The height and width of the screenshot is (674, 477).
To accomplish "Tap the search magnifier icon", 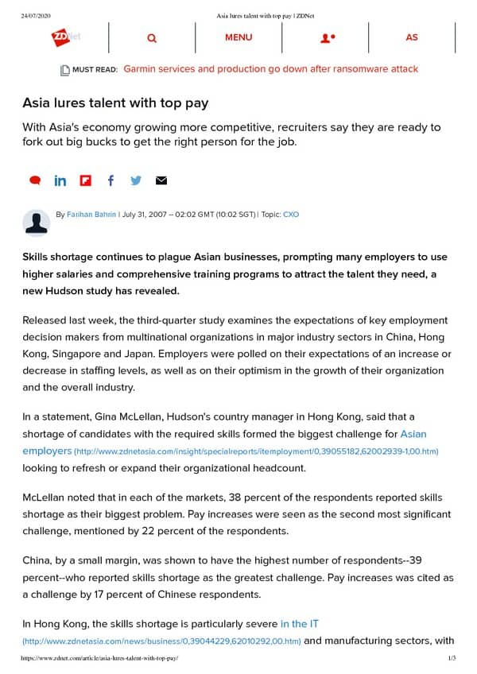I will [152, 37].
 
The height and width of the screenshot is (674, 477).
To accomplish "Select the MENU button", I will [238, 37].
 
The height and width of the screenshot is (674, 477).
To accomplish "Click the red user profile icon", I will [327, 37].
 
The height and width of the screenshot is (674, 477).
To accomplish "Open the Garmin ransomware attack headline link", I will [270, 69].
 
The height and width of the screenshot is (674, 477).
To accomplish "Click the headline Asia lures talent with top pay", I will [115, 104].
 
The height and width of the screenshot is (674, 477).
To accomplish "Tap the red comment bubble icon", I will [35, 180].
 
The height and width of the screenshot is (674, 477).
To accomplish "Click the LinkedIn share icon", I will [60, 180].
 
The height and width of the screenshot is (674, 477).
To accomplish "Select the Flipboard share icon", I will [86, 180].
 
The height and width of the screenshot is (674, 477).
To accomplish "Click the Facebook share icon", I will [111, 180].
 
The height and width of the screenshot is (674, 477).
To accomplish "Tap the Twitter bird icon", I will [136, 180].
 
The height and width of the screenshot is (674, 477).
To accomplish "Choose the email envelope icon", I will [161, 180].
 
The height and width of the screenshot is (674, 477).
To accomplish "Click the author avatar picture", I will [37, 223].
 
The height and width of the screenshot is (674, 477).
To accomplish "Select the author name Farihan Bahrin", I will [91, 215].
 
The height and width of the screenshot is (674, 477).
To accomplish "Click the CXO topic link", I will [291, 215].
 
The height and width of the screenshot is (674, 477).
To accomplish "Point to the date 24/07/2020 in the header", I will [37, 15].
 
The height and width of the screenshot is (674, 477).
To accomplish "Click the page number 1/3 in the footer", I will [451, 659].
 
